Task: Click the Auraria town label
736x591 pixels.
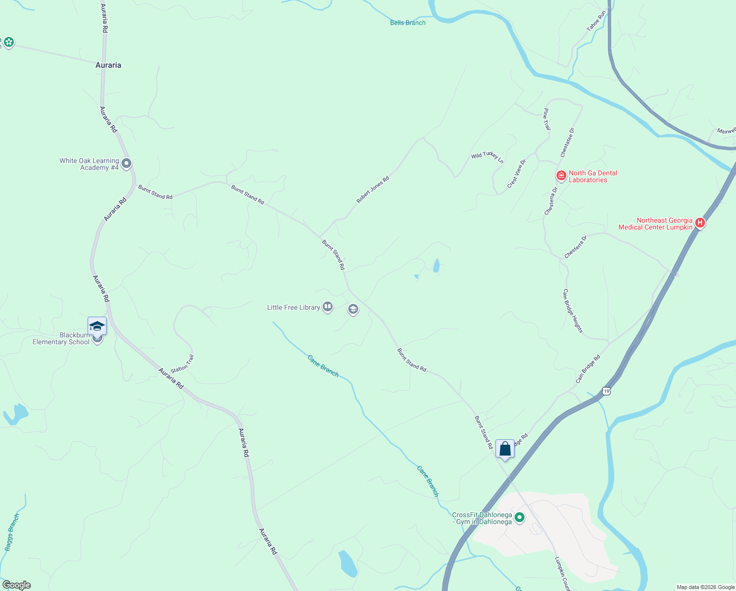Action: pos(108,65)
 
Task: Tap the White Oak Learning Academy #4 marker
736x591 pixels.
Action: pos(126,164)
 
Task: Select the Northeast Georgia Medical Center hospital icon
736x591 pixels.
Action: pos(700,223)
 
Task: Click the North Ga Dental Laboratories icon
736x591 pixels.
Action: pos(561,175)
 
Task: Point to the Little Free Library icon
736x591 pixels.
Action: pos(328,307)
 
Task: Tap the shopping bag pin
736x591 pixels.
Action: pos(505,449)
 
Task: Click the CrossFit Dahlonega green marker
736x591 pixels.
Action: pos(520,518)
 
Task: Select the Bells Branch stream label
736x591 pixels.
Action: pos(407,23)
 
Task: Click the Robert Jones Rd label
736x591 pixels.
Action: pos(373,190)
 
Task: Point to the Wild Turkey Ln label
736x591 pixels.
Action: pos(487,157)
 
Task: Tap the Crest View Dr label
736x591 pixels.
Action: pos(517,173)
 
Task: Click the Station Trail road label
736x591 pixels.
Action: pos(183,363)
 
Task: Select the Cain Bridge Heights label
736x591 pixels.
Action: pos(573,311)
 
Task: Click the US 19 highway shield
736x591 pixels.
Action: pos(606,391)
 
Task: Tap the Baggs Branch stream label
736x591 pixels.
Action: pos(12,532)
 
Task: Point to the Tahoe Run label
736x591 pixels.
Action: pos(596,22)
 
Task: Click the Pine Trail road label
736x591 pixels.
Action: pos(547,119)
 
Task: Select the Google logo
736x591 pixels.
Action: pos(17,585)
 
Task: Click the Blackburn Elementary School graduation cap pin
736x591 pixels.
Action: pos(97,326)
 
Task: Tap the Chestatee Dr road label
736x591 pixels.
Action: pos(567,142)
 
